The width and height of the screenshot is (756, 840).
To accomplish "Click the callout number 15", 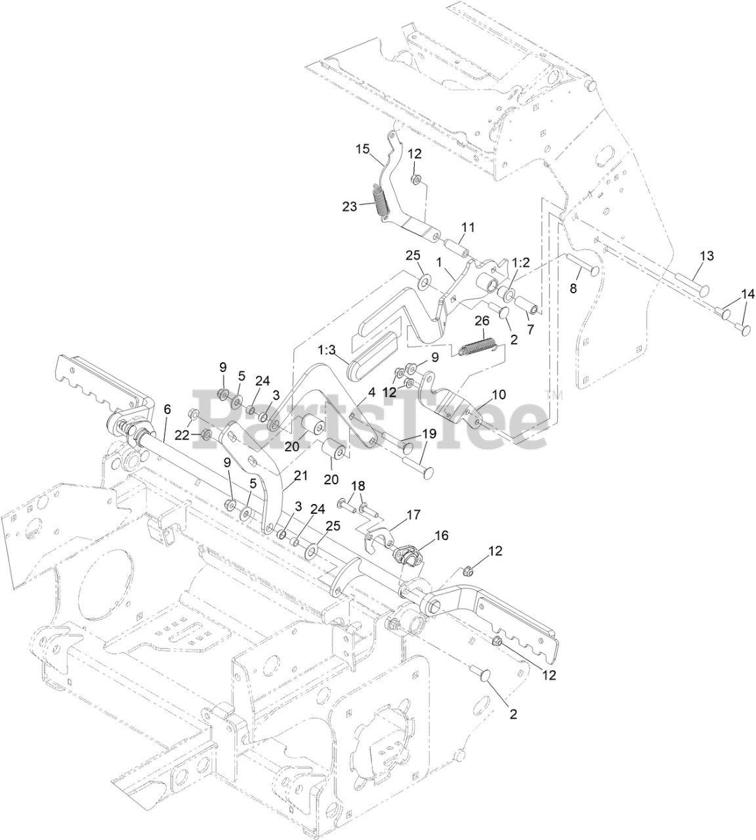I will pyautogui.click(x=363, y=149).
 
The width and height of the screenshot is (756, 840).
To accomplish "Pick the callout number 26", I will pyautogui.click(x=482, y=320).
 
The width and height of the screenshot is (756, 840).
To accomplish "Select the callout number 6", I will pyautogui.click(x=167, y=409).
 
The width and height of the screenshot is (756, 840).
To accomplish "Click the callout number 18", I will pyautogui.click(x=358, y=486).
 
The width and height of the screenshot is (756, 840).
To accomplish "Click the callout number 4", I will pyautogui.click(x=371, y=392).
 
